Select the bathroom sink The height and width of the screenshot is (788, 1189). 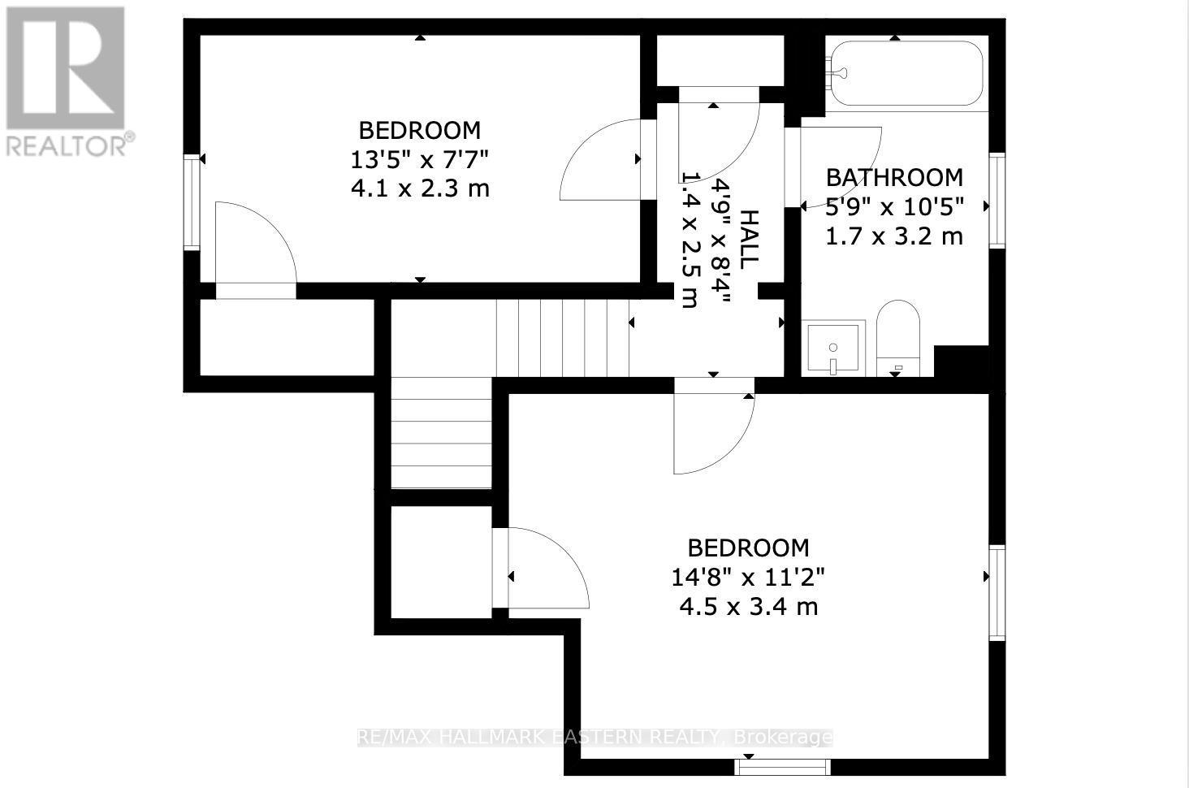pyautogui.click(x=833, y=348)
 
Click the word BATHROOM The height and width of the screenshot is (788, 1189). pyautogui.click(x=894, y=177)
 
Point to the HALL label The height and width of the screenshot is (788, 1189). pyautogui.click(x=749, y=240)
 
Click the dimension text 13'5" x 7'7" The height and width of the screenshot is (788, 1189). pyautogui.click(x=419, y=159)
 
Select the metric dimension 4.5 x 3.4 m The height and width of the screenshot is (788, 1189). pyautogui.click(x=748, y=606)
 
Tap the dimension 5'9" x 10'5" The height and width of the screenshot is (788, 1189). pyautogui.click(x=894, y=206)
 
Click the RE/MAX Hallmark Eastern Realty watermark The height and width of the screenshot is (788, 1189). pyautogui.click(x=594, y=737)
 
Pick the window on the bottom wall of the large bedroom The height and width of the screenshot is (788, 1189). pyautogui.click(x=783, y=766)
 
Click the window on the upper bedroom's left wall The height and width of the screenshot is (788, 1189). pyautogui.click(x=192, y=201)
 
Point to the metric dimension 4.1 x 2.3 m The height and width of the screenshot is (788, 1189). pyautogui.click(x=419, y=188)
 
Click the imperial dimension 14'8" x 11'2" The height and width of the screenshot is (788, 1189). pyautogui.click(x=748, y=577)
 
